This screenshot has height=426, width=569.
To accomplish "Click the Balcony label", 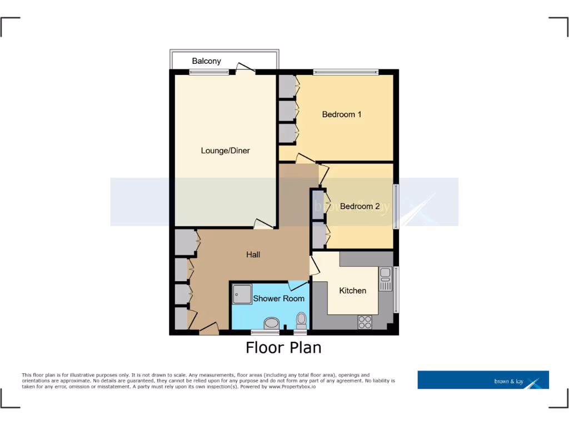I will (x=206, y=61).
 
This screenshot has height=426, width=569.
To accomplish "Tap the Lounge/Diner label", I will (x=225, y=150).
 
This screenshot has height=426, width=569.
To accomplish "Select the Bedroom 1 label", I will (x=342, y=114).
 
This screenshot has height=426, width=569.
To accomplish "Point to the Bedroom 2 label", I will (x=360, y=206).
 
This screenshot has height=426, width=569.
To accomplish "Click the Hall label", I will (x=253, y=255).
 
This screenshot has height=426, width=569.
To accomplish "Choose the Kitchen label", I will (x=352, y=290).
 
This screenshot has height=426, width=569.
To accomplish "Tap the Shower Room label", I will (x=278, y=298).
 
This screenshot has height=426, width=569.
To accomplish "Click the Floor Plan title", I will (x=283, y=348).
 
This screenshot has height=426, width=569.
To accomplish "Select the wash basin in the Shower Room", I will (x=272, y=322).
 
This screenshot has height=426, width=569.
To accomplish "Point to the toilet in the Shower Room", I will (x=301, y=319).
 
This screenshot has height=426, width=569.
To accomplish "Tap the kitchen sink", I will (x=385, y=278).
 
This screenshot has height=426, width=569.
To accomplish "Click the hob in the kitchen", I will (x=365, y=322).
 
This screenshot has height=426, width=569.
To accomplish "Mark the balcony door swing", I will (x=244, y=68).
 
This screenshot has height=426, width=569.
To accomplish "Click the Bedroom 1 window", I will (x=346, y=72).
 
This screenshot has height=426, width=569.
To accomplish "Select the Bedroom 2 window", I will (x=396, y=206).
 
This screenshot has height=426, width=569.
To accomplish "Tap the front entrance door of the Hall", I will (x=208, y=329).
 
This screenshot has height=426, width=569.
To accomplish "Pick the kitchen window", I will (x=396, y=290).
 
